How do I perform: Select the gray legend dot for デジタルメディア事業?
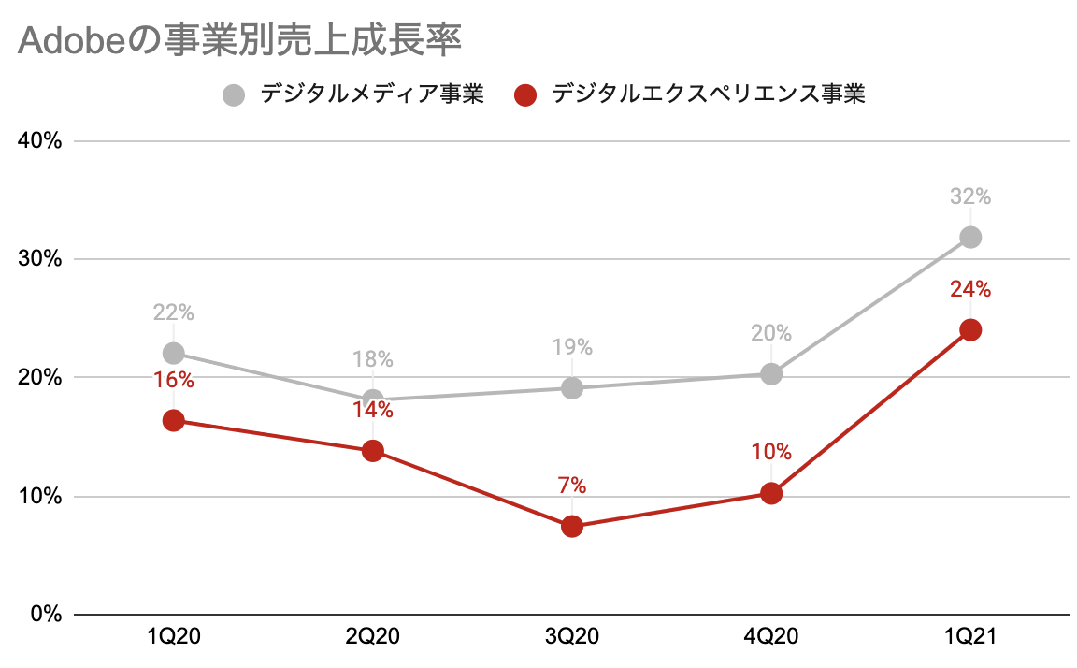pyautogui.click(x=235, y=94)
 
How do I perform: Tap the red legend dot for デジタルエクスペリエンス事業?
pyautogui.click(x=525, y=94)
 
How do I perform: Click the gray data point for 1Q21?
pyautogui.click(x=970, y=237)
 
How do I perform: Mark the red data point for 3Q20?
pyautogui.click(x=572, y=526)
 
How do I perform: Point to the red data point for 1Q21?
pyautogui.click(x=970, y=329)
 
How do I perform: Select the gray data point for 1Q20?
pyautogui.click(x=173, y=353)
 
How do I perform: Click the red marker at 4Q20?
pyautogui.click(x=771, y=493)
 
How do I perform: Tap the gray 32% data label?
pyautogui.click(x=970, y=197)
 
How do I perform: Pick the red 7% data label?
pyautogui.click(x=572, y=486)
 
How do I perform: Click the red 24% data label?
pyautogui.click(x=970, y=289)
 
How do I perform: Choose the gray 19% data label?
pyautogui.click(x=572, y=347)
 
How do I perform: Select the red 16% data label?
pyautogui.click(x=173, y=380)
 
